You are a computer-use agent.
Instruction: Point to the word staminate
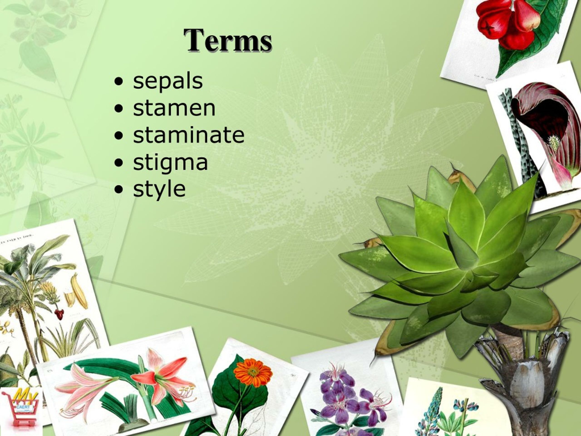189,135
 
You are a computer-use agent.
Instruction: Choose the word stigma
170,162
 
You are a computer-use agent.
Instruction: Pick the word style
159,189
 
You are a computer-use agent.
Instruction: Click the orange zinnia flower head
252,373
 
